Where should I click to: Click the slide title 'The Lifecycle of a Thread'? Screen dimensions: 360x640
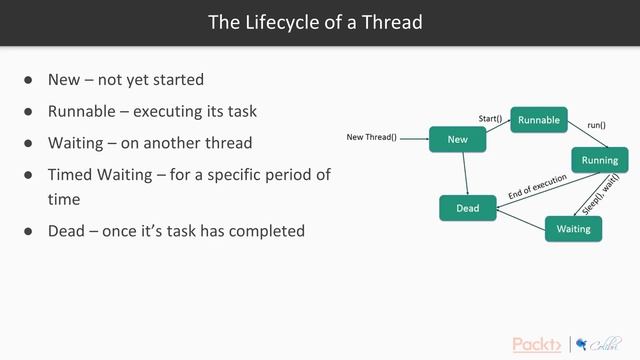coord(315,22)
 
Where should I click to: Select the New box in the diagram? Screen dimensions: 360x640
coord(458,139)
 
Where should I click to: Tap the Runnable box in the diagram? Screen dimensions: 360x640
coord(539,120)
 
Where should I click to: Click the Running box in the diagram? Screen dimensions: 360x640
coord(599,160)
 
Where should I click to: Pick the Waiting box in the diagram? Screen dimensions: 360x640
coord(573,228)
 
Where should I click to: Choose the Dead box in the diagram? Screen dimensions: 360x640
coord(467,208)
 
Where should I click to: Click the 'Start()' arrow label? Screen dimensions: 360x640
coord(490,118)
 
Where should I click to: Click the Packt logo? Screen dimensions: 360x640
coord(537,345)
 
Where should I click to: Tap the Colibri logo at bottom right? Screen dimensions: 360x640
coord(598,344)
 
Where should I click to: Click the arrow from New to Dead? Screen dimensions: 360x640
coord(463,174)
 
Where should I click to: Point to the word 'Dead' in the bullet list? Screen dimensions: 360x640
coord(68,231)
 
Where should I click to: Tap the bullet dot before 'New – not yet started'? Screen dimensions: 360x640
coord(29,80)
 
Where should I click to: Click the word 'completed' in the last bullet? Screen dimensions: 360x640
coord(265,231)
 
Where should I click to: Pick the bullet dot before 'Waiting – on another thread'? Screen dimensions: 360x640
coord(29,143)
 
